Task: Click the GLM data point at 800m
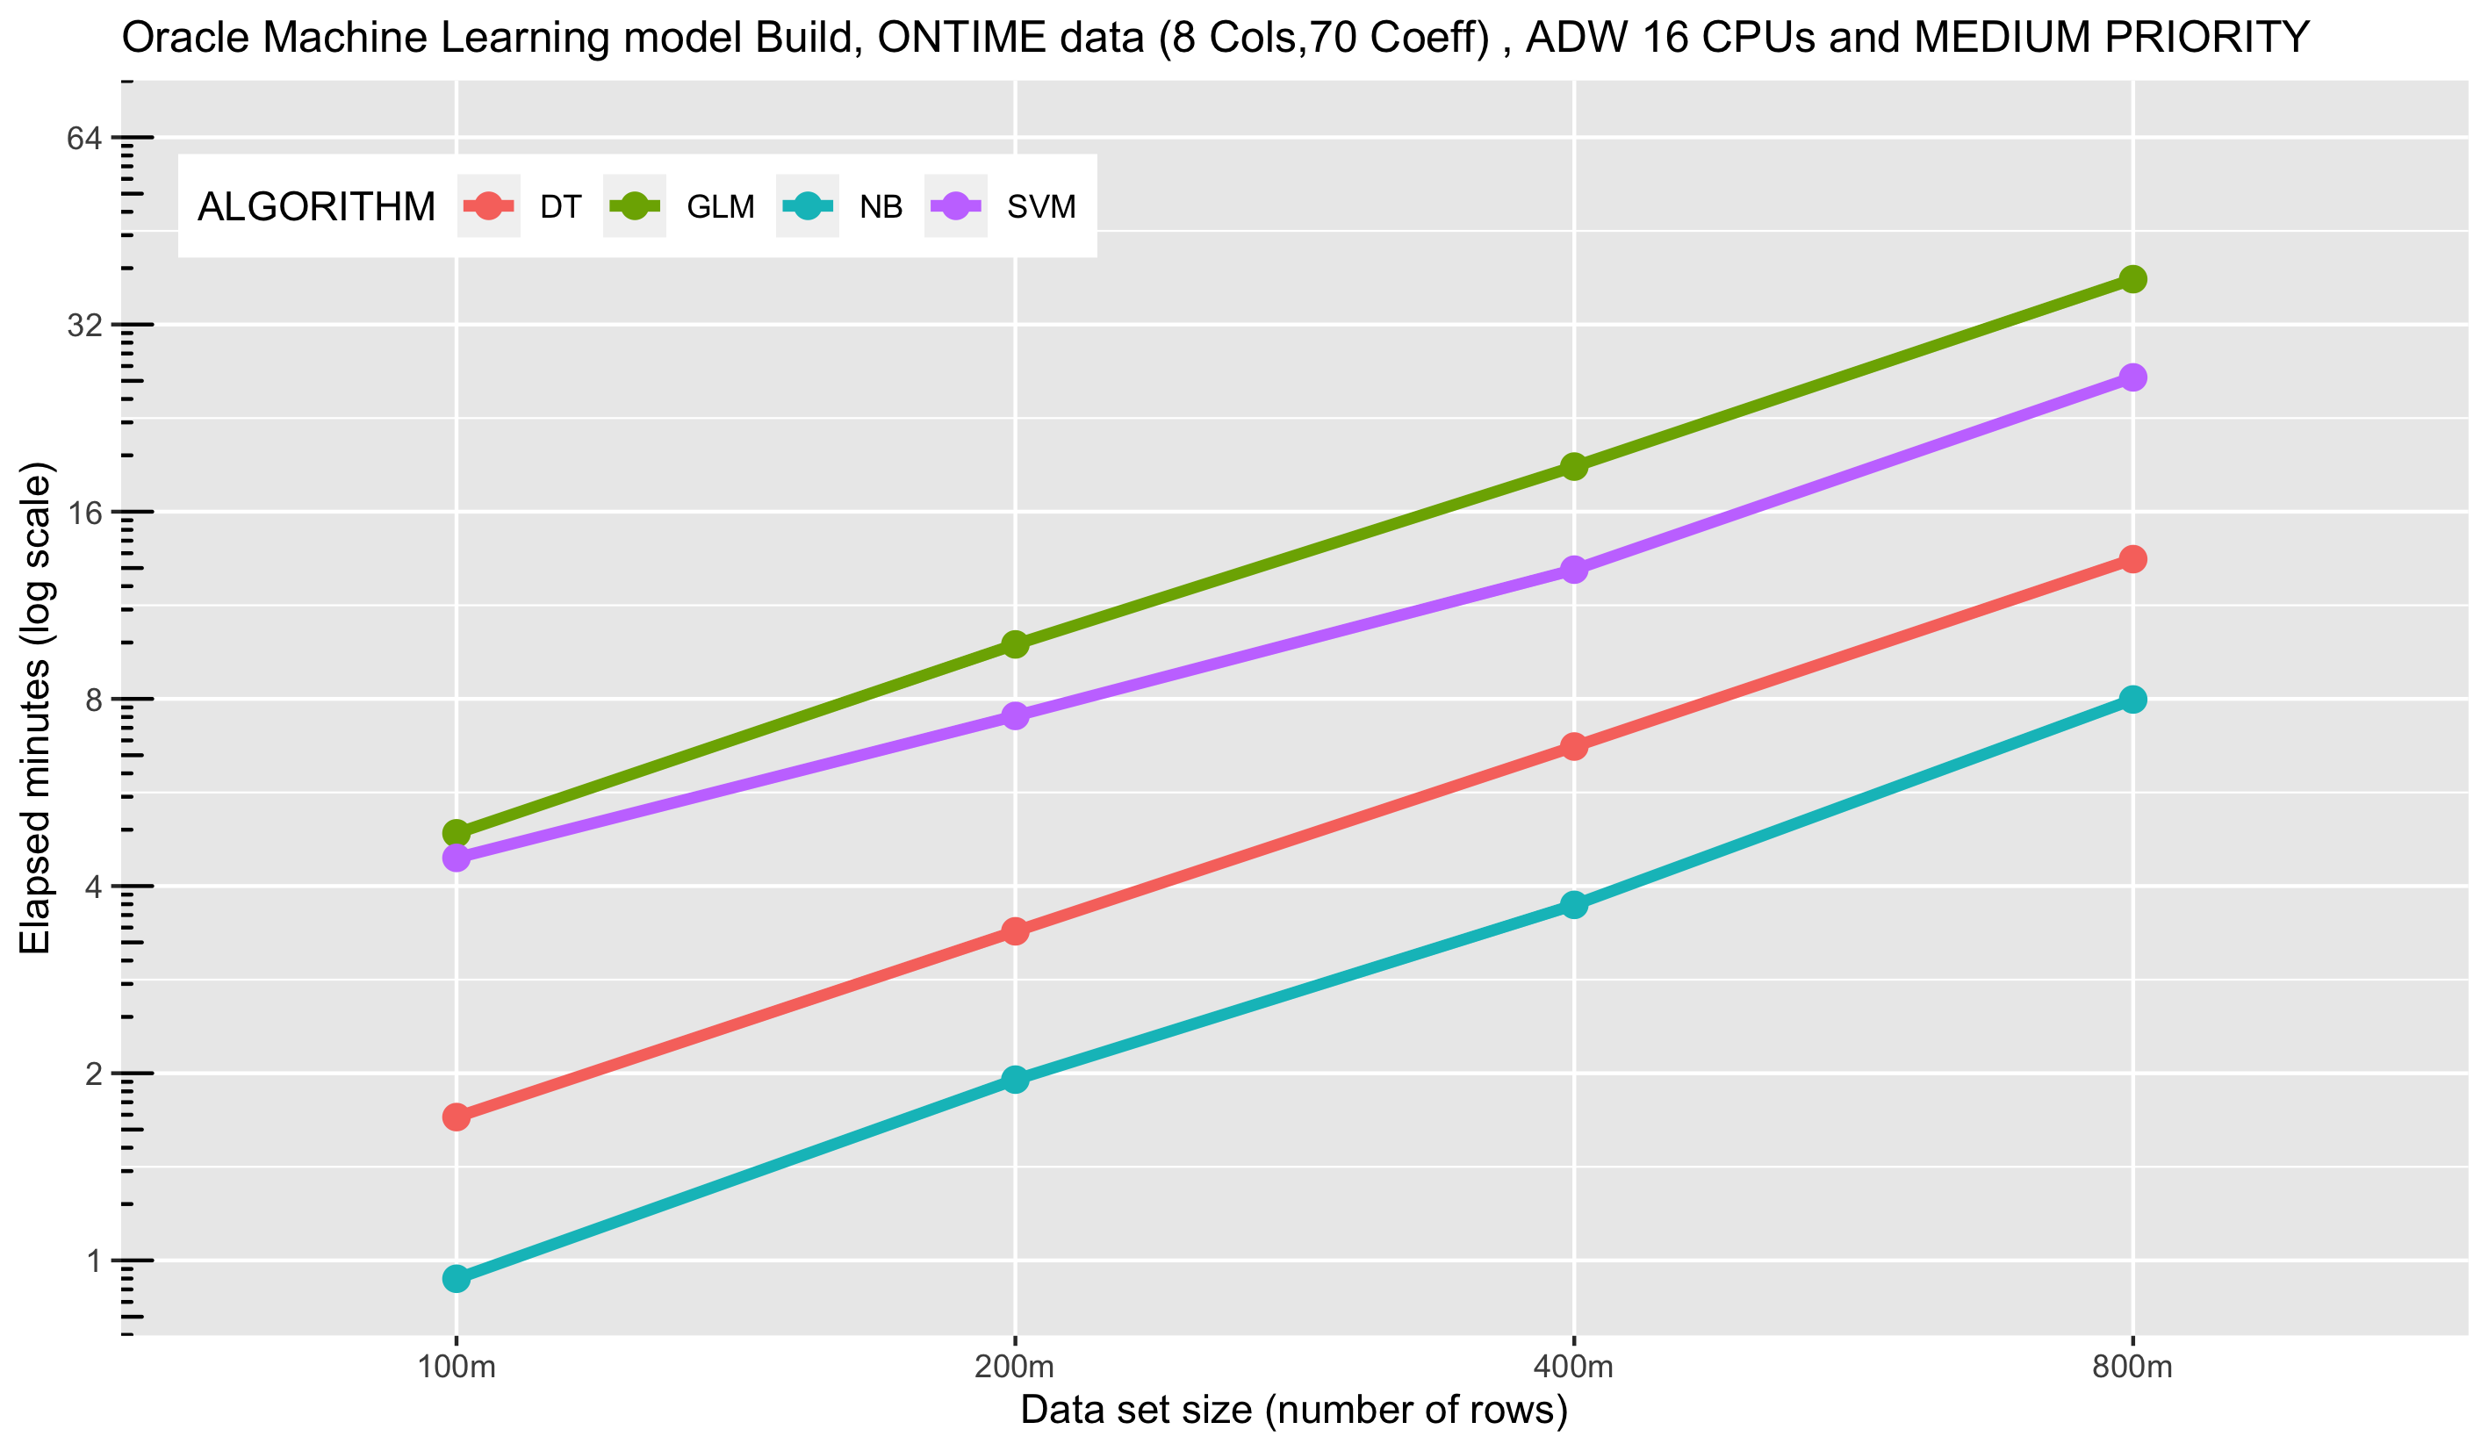coord(2132,279)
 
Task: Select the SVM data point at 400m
coord(1574,570)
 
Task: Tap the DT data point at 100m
coord(457,1117)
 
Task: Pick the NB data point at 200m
coord(1015,1079)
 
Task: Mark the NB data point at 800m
coord(2132,700)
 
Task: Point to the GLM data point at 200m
coord(1015,644)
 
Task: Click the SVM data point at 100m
coord(457,857)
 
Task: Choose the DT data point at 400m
coord(1574,746)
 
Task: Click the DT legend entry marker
coord(489,206)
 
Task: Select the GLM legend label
coord(721,207)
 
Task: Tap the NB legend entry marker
coord(808,206)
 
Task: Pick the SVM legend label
coord(1040,207)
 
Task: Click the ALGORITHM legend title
coord(316,207)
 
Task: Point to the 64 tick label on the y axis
coord(85,138)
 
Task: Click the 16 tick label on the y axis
coord(85,513)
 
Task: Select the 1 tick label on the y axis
coord(94,1261)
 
